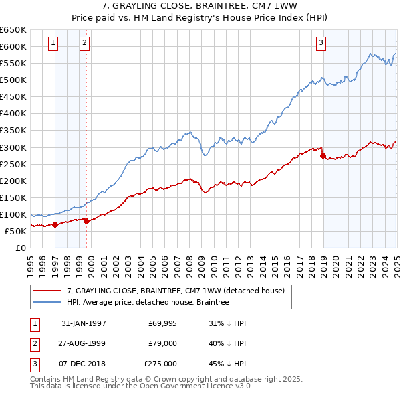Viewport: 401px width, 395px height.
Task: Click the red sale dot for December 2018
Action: pyautogui.click(x=323, y=156)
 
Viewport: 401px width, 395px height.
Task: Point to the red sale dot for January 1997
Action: pyautogui.click(x=55, y=224)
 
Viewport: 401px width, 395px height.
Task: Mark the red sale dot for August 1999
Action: pyautogui.click(x=87, y=221)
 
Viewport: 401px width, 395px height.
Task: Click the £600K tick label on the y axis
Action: pyautogui.click(x=13, y=47)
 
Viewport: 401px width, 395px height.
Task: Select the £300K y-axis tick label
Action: pyautogui.click(x=13, y=147)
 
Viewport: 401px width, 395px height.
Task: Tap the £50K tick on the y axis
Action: pyautogui.click(x=16, y=231)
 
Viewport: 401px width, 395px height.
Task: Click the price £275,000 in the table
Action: pyautogui.click(x=160, y=364)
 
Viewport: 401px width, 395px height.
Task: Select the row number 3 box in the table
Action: pyautogui.click(x=34, y=364)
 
